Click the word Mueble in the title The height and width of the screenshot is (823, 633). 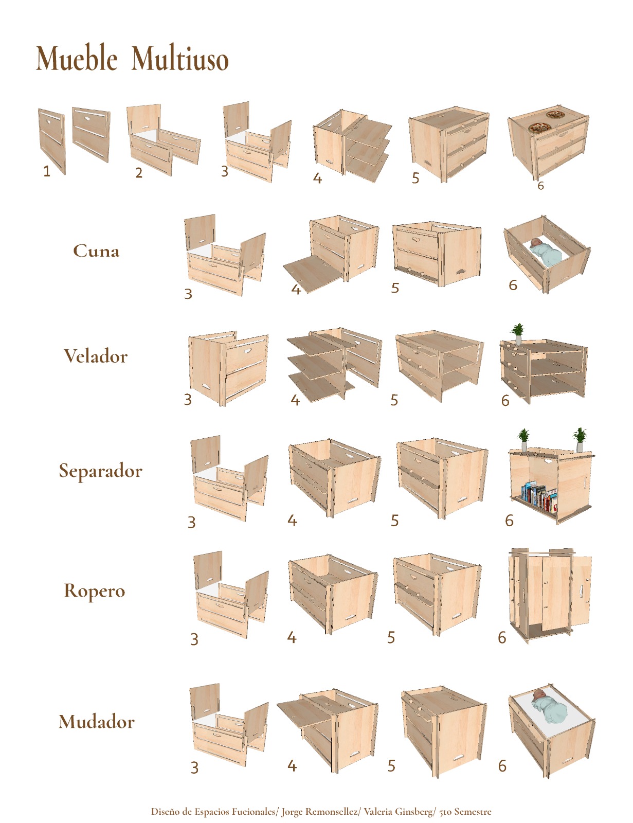[x=77, y=58]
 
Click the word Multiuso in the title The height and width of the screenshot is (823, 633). [x=180, y=58]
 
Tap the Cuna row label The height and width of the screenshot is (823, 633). [x=96, y=251]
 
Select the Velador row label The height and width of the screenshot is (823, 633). [x=96, y=356]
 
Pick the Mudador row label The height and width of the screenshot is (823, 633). [x=97, y=722]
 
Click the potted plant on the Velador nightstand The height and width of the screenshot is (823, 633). [x=517, y=334]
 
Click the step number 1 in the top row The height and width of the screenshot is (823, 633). [x=47, y=172]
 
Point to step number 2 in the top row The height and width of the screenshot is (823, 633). [x=139, y=173]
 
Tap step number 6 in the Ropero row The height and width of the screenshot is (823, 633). [x=502, y=637]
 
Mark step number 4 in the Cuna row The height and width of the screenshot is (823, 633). [x=296, y=290]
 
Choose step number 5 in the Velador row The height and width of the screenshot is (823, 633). [x=394, y=400]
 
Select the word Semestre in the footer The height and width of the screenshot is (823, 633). [x=473, y=811]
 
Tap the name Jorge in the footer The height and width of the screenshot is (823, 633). [x=292, y=812]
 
